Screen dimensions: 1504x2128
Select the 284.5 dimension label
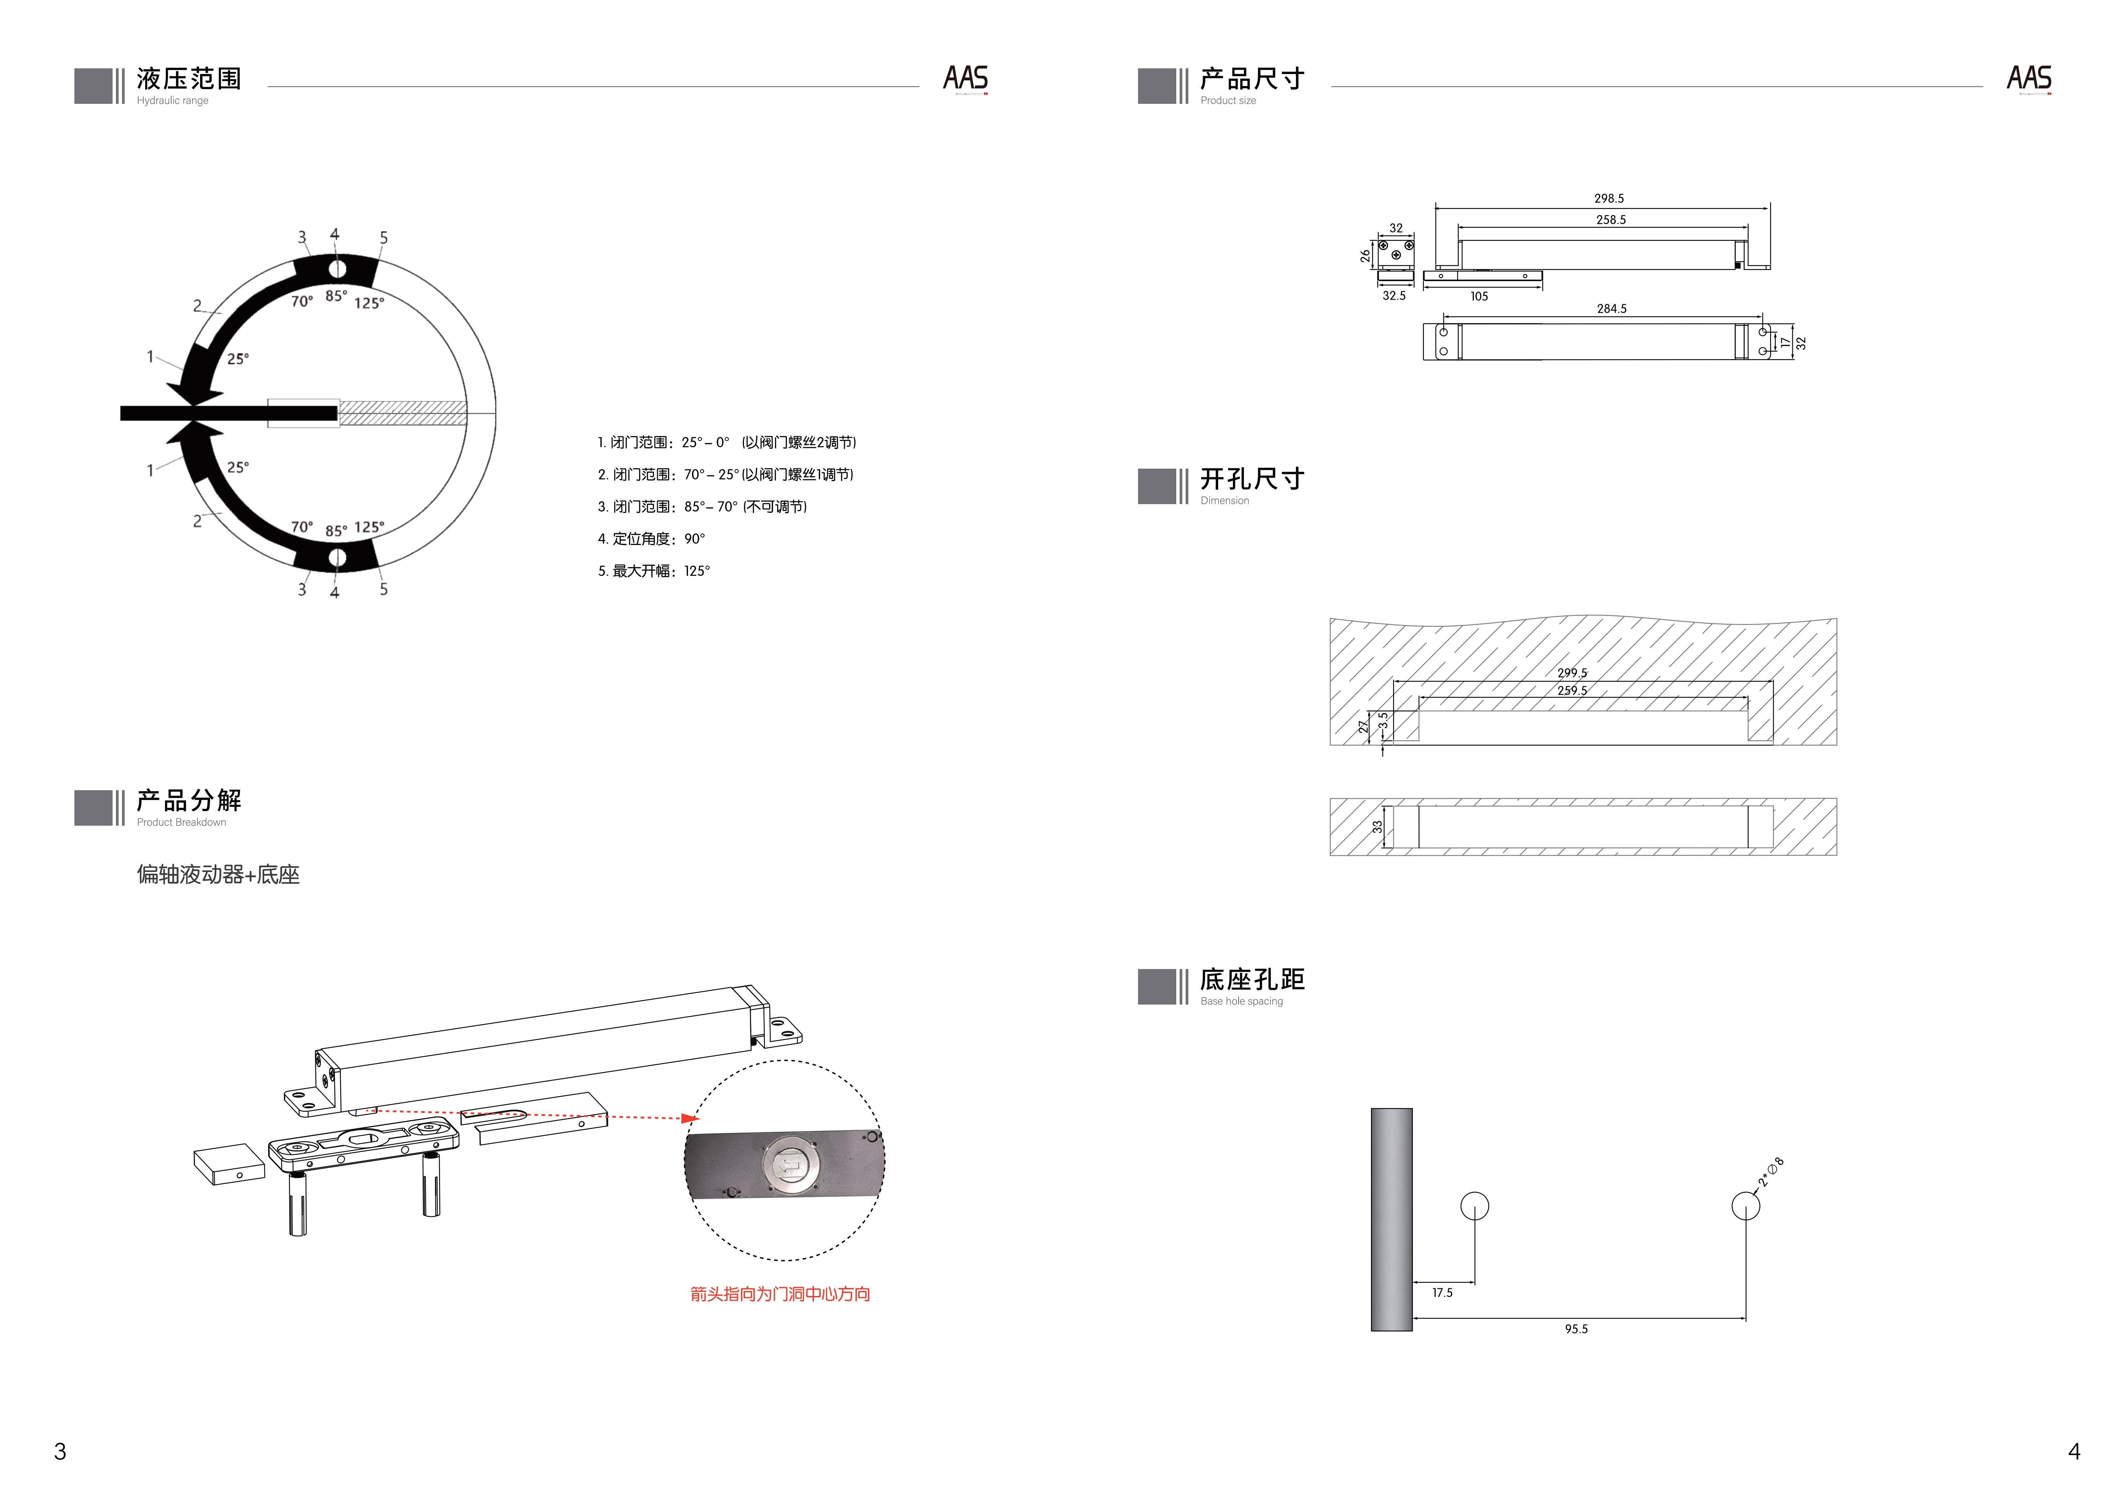tap(1611, 309)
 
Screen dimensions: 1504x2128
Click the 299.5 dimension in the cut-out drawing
tap(1572, 673)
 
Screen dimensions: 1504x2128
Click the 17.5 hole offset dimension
tap(1442, 1293)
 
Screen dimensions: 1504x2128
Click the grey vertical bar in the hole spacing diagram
tap(1391, 1219)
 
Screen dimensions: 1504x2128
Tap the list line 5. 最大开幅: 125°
tap(653, 571)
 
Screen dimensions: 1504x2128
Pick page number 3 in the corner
tap(60, 1451)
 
